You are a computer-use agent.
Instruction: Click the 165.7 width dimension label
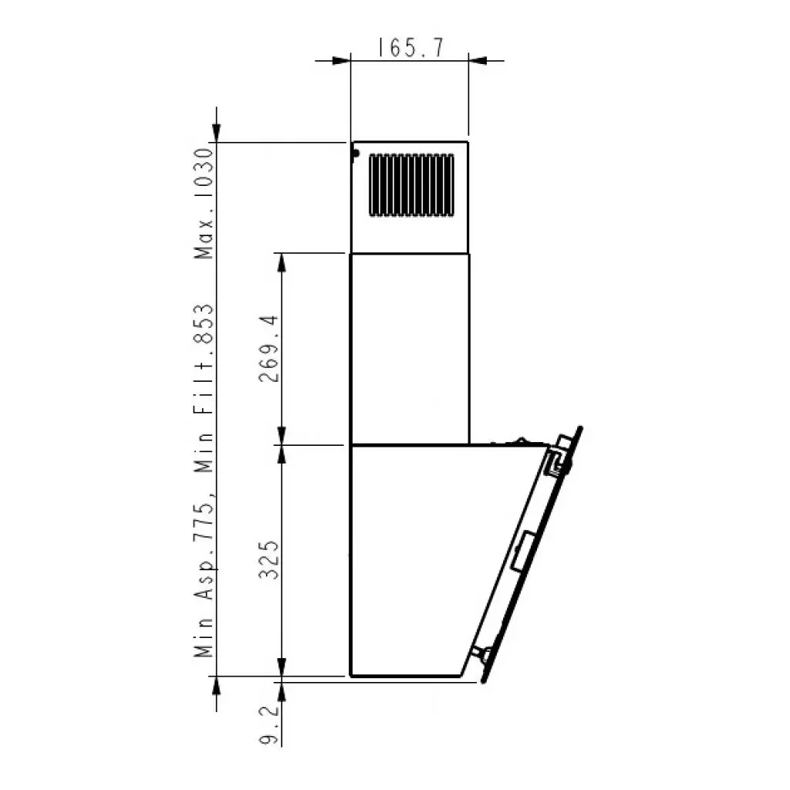click(x=411, y=48)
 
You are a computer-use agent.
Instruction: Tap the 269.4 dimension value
click(x=268, y=349)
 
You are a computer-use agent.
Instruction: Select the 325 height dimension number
click(x=268, y=560)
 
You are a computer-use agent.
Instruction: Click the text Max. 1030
click(x=204, y=204)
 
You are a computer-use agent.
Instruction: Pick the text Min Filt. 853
click(x=204, y=389)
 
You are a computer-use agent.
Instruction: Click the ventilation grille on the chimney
click(x=411, y=185)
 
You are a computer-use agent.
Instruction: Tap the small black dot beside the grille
click(x=356, y=154)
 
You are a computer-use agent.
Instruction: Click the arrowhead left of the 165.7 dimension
click(x=342, y=61)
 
